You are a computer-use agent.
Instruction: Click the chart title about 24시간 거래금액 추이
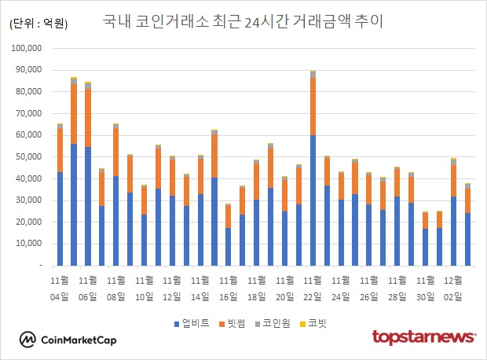click(243, 21)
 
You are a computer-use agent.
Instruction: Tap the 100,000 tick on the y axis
click(24, 48)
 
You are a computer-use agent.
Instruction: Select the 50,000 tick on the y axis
click(27, 157)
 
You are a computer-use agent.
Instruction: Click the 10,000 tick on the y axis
click(27, 244)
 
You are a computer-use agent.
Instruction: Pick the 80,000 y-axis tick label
click(27, 92)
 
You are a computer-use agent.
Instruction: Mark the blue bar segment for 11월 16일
click(228, 247)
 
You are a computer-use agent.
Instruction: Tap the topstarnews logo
click(423, 337)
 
